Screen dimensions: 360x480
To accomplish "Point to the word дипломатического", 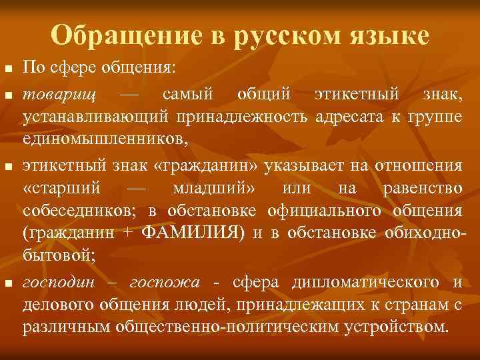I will coord(365,283).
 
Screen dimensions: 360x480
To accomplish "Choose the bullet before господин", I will coord(8,284).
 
